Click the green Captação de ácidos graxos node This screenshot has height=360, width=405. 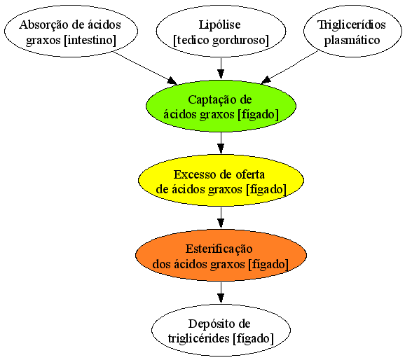[221, 106]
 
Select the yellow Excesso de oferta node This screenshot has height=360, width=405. [221, 181]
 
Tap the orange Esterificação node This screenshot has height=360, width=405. [221, 255]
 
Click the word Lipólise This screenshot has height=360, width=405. [219, 25]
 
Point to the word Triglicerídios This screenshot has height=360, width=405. [352, 25]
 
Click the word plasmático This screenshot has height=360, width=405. [352, 40]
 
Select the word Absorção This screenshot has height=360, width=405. [41, 25]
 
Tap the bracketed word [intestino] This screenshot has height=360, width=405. [90, 40]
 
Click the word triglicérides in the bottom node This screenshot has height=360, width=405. [199, 338]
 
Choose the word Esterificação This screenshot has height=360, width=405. [219, 249]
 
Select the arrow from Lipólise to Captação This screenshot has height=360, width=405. [221, 69]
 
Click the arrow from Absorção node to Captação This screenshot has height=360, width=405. [145, 68]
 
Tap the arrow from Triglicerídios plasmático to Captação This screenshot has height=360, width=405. [289, 67]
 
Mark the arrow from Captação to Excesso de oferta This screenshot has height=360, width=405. [221, 143]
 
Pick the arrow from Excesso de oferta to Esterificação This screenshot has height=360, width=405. [221, 217]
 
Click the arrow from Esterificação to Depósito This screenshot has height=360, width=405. [221, 292]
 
